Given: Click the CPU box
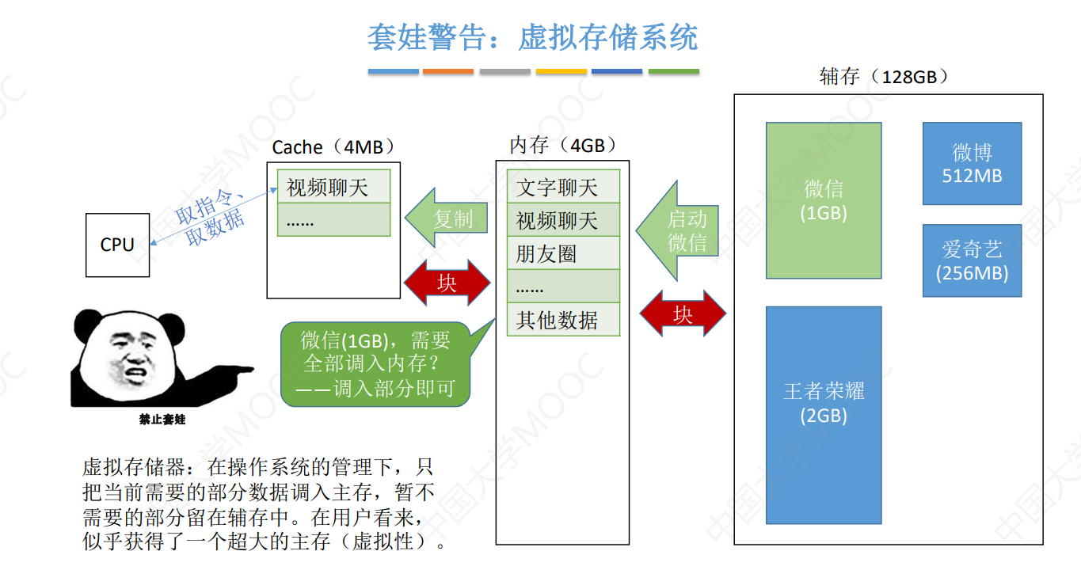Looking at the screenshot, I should point(117,245).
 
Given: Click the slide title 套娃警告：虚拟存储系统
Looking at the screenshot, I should point(532,37).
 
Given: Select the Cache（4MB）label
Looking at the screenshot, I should point(333,147).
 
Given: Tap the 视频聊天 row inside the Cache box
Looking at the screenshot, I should point(333,188).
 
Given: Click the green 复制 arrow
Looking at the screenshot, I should point(448,219).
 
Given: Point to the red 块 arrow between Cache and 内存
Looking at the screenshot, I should point(447,283).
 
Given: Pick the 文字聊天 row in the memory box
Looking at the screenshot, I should point(562,188).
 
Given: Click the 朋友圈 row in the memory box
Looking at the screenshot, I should point(562,254).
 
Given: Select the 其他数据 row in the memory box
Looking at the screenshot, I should point(562,321).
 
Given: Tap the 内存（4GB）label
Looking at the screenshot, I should point(562,145).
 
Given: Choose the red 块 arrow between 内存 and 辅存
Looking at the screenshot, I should point(683,314).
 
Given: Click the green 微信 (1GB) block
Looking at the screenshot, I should point(824,200).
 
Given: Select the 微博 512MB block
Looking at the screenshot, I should point(972,163).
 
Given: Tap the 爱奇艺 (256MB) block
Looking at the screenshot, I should point(972,260).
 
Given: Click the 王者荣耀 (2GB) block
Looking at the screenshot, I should point(824,415).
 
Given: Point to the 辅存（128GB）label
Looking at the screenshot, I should point(884,77).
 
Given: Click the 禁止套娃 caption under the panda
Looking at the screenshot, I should point(162,420).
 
